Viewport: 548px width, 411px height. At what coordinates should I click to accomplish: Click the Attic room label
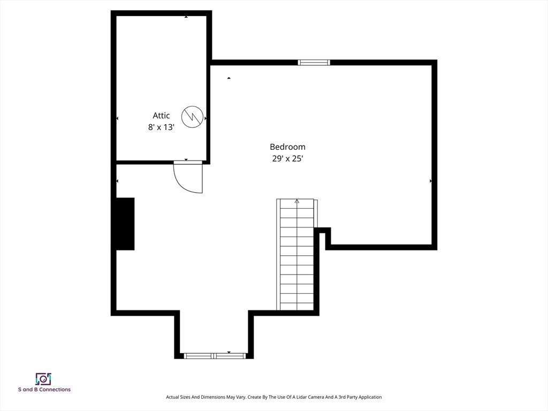tap(161, 116)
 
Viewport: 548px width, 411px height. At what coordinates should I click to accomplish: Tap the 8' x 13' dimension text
tap(161, 128)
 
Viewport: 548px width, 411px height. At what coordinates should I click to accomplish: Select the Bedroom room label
tap(287, 147)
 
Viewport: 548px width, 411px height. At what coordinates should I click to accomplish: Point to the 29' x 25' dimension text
tap(287, 159)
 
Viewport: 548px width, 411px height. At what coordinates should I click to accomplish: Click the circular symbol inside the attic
tap(192, 117)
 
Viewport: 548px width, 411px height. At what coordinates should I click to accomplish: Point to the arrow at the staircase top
tap(297, 202)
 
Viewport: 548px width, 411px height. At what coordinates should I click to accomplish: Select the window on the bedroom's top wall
tap(314, 63)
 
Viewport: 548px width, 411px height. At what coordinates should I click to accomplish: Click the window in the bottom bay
tap(215, 355)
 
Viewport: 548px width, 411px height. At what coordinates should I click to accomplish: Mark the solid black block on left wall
tap(125, 224)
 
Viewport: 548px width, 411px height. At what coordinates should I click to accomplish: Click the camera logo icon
tap(43, 379)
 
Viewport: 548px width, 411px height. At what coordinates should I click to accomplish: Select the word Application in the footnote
tap(370, 397)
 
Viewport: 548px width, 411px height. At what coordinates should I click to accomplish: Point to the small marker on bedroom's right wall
tap(431, 181)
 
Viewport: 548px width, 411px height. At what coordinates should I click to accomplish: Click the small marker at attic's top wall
tap(186, 17)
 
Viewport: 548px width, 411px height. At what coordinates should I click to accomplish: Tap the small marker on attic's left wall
tap(117, 118)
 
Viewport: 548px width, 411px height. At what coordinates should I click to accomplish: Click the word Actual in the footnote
tap(172, 397)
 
